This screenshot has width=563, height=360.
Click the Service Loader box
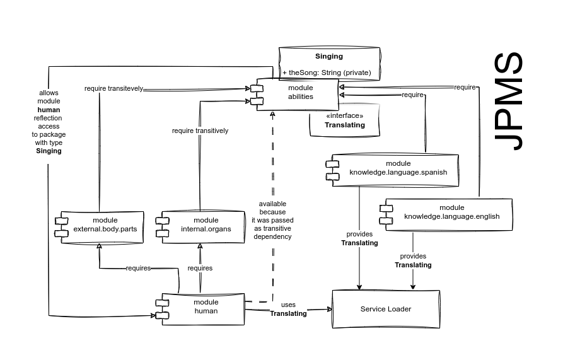386,309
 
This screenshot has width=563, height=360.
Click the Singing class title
329,56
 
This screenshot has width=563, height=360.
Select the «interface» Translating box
345,120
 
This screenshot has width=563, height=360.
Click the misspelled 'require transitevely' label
114,88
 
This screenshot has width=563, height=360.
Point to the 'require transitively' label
200,131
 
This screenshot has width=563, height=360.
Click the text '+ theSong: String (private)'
327,73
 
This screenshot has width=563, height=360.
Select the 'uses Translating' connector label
288,309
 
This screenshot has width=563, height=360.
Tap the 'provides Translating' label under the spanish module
359,238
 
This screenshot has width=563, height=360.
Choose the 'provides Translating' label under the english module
414,260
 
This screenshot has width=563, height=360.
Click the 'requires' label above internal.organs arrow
200,268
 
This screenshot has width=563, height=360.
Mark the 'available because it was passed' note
272,221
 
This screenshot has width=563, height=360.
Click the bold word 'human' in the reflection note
49,110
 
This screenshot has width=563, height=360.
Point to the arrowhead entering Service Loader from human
330,309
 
